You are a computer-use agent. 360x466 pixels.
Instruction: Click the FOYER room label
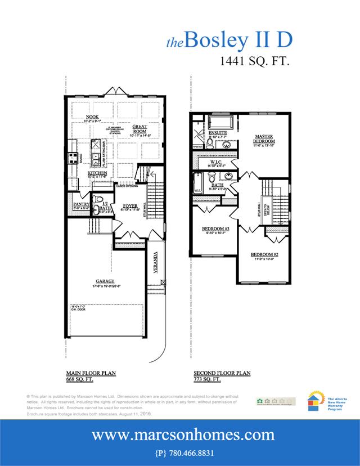130,207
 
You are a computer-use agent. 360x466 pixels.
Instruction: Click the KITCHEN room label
82,173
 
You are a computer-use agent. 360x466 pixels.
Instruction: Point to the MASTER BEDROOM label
264,139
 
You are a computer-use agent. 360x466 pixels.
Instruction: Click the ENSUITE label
217,132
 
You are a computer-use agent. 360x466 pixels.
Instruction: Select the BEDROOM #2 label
264,255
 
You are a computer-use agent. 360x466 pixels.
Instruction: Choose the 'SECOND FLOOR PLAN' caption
222,373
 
